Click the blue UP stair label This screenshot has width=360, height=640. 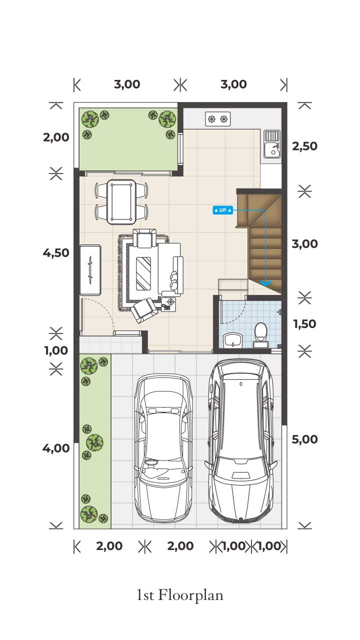click(x=223, y=210)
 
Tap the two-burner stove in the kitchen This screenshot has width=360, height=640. click(x=217, y=119)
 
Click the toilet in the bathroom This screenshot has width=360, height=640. click(x=260, y=335)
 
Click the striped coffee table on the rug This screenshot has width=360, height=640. click(x=143, y=273)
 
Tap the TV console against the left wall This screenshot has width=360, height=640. click(x=90, y=269)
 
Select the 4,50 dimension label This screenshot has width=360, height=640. click(x=56, y=253)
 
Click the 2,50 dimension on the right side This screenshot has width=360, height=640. click(x=304, y=146)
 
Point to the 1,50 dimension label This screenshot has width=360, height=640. click(x=304, y=324)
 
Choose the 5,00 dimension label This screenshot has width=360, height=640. click(x=304, y=439)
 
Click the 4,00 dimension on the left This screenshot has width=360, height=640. click(x=56, y=448)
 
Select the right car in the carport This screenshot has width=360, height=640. click(x=241, y=440)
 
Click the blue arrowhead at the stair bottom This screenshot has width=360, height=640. click(x=265, y=283)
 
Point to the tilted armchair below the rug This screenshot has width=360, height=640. click(x=144, y=310)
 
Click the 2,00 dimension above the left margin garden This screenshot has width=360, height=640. click(x=56, y=137)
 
